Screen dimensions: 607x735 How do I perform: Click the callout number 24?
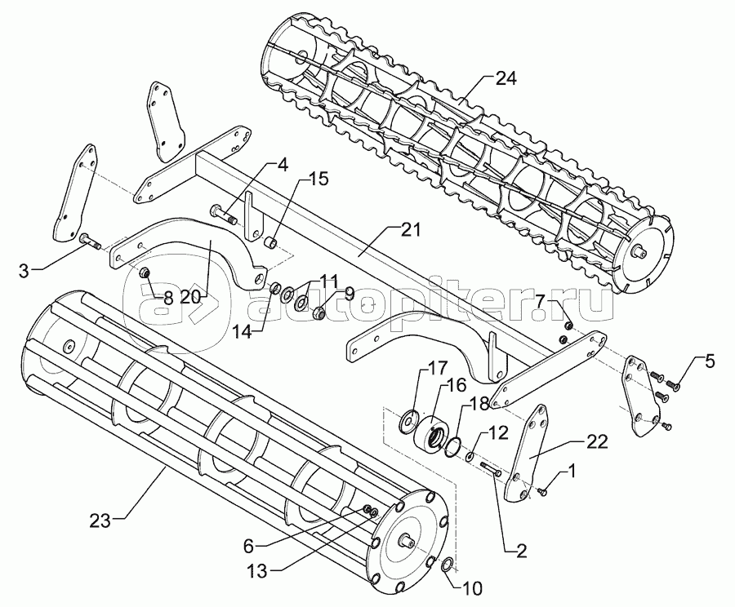[x=506, y=79]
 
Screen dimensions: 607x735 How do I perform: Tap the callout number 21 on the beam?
[x=411, y=230]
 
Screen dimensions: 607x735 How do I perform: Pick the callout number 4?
[x=283, y=165]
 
